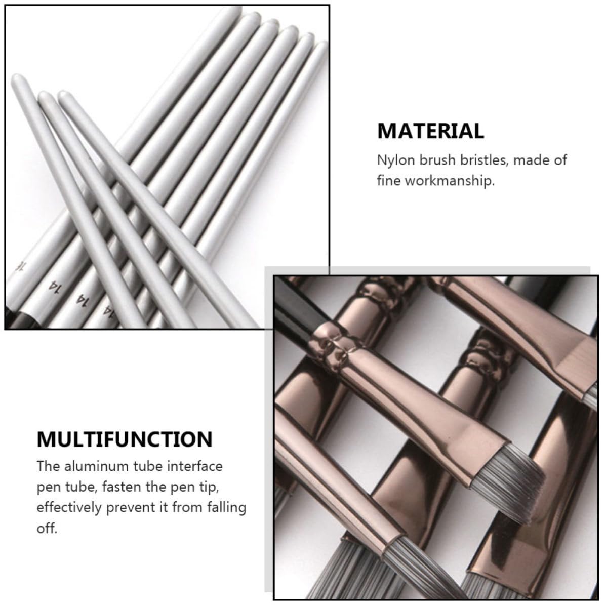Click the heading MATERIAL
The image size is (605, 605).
(430, 131)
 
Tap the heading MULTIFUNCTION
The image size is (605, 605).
(125, 439)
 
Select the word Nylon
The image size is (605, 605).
(395, 160)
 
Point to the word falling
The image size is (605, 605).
(226, 508)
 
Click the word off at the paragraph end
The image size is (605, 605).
(47, 528)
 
